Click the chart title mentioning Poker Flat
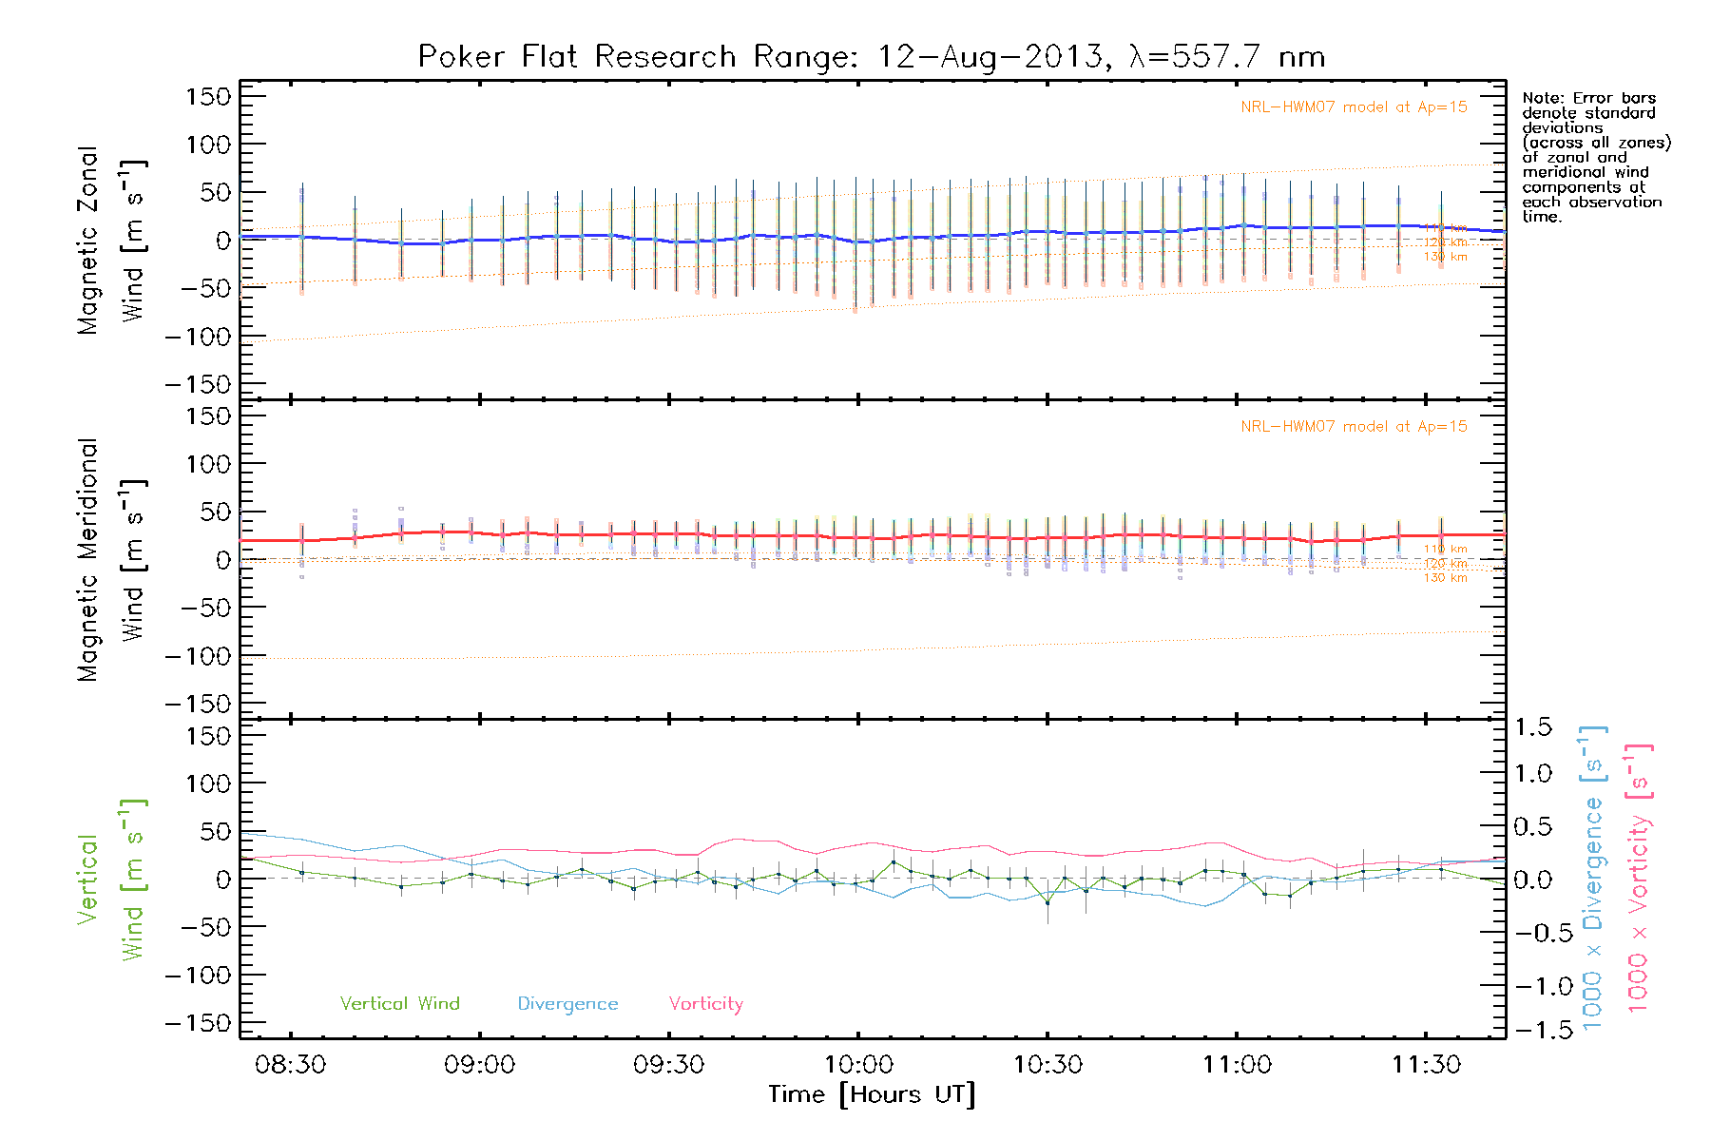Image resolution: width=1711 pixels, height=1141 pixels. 871,57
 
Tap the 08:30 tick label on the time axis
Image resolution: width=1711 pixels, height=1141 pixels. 290,1065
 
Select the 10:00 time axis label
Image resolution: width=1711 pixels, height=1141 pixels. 858,1065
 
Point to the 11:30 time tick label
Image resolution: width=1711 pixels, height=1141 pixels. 1426,1065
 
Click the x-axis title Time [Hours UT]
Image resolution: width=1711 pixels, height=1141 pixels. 872,1095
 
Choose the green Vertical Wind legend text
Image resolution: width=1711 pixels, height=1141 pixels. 399,1004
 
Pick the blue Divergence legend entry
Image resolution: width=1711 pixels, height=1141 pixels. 567,1004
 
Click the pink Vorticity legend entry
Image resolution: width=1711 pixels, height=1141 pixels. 705,1004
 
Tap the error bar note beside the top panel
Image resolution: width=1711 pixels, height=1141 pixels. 1595,157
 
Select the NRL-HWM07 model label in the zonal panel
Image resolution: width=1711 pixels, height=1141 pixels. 1354,107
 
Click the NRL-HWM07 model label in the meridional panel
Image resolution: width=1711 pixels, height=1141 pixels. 1354,427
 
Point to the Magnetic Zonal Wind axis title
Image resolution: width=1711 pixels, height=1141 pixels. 110,240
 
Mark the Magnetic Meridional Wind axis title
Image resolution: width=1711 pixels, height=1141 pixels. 110,561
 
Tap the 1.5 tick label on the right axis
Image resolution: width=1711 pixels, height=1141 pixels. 1532,727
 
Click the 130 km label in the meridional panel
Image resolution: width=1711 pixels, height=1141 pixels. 1445,578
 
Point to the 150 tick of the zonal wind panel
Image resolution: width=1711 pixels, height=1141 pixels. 208,97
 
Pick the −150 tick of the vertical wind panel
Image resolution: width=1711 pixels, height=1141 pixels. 199,1023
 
